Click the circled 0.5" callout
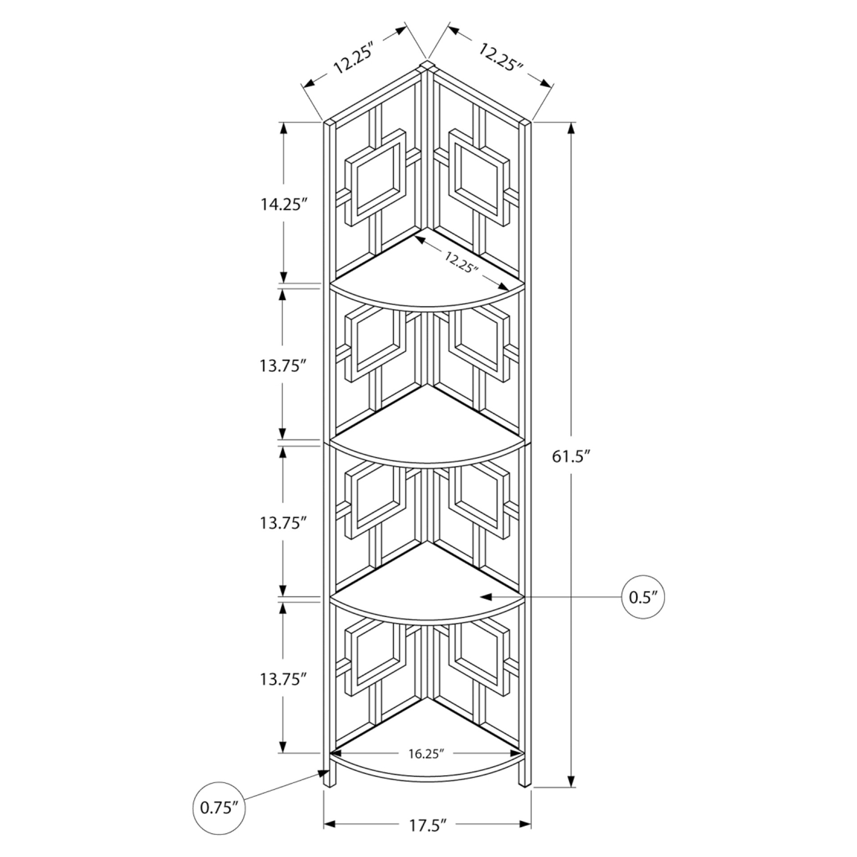[643, 597]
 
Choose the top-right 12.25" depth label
[501, 57]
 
